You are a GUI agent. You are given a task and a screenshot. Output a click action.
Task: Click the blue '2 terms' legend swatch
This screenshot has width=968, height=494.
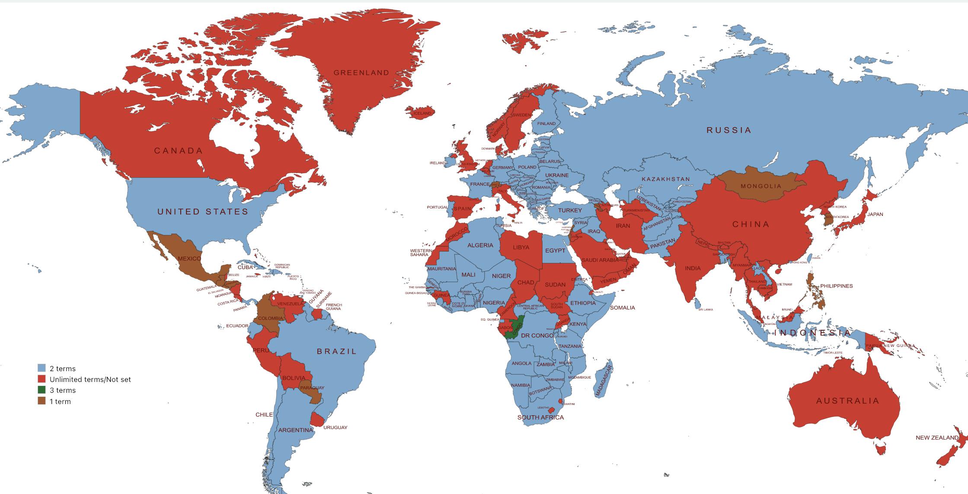tap(42, 369)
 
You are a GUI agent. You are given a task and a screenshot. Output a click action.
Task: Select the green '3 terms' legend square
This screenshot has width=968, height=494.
tap(42, 390)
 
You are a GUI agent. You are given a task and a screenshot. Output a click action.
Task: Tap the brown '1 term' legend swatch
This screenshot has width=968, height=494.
tap(42, 401)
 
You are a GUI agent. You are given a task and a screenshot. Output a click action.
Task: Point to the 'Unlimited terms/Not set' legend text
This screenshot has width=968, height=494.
tap(90, 380)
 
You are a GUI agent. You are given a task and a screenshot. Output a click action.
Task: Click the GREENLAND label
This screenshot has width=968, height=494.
tap(361, 73)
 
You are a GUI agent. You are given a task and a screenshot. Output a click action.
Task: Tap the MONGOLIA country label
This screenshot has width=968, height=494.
tap(761, 186)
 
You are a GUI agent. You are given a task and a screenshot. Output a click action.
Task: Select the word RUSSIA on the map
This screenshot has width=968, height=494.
tap(729, 130)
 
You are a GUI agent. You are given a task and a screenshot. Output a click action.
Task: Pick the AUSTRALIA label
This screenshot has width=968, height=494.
tap(847, 401)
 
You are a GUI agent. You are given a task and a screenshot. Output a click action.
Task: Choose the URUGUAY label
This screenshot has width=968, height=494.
tap(335, 427)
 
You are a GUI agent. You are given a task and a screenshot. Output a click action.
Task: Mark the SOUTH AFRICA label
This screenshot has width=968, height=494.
tap(540, 417)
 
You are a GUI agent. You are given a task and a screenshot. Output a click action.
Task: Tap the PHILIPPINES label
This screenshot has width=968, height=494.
tap(836, 286)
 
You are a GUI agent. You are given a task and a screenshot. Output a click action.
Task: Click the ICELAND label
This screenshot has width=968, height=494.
tap(422, 113)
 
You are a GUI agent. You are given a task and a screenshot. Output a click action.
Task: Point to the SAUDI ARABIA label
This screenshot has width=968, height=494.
tap(600, 260)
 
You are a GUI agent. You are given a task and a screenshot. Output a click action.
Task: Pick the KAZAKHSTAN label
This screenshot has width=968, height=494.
tap(666, 179)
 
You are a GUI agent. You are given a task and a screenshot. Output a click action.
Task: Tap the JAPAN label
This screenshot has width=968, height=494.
tap(875, 214)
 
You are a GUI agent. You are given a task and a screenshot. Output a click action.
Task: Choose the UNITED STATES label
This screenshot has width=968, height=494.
tap(203, 212)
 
